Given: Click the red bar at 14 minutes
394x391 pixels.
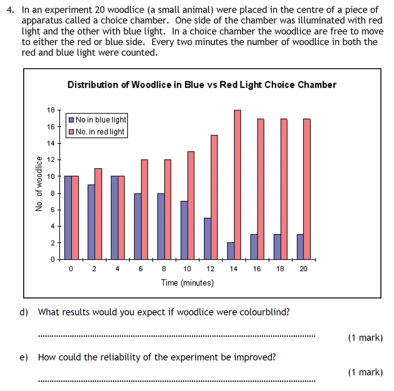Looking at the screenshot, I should tap(237, 184).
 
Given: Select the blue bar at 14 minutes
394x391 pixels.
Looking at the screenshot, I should tap(231, 251).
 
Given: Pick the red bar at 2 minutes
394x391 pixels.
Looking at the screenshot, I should tap(98, 214).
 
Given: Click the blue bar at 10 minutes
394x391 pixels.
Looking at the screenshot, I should tap(184, 230).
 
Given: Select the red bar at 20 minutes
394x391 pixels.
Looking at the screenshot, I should tap(307, 189).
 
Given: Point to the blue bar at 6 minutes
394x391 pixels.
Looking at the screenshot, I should tap(137, 226).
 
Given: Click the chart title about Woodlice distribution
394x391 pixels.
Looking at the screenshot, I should tap(202, 85).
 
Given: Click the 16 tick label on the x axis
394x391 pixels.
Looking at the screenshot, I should tap(257, 269).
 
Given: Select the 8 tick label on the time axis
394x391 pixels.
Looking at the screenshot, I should tap(164, 269).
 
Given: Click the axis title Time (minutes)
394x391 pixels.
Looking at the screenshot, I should tap(187, 283).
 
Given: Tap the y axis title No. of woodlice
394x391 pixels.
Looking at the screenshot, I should tap(39, 184).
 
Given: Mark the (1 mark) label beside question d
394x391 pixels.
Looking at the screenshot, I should tap(365, 338).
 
